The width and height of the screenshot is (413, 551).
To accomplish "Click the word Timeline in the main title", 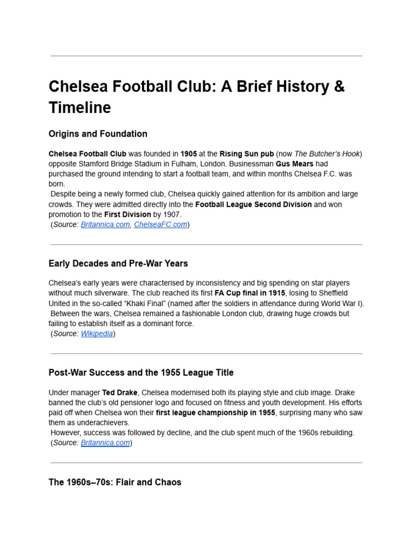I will (80, 108).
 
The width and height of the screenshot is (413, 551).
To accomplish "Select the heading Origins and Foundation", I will (97, 133).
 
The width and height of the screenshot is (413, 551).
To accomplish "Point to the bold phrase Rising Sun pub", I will (244, 153).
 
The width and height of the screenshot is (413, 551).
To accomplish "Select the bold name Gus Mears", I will (294, 164).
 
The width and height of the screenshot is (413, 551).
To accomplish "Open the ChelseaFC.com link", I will (160, 225).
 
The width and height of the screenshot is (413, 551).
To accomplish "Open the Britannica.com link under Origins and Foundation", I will (105, 225).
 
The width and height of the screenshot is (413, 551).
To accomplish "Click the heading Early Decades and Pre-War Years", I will (118, 264).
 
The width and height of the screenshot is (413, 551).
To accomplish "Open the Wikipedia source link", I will (97, 334).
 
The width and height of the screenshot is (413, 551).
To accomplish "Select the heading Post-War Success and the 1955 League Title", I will (141, 372).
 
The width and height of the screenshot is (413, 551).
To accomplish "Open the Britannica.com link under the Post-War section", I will (105, 443).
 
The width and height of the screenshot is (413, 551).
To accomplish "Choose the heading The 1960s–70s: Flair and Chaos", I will (115, 482).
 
